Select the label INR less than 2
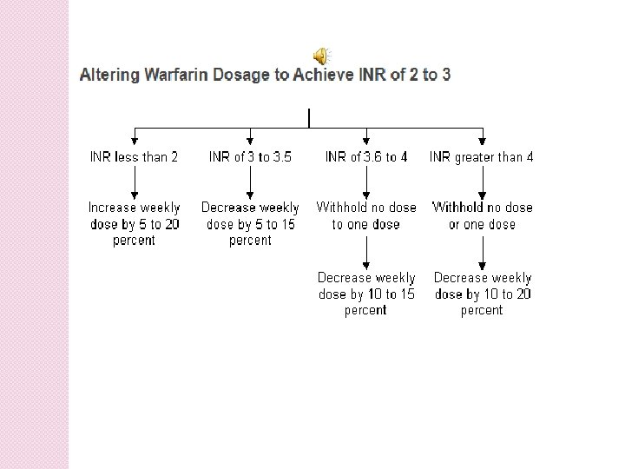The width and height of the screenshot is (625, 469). [x=135, y=157]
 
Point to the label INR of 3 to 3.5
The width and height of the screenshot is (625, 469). [x=250, y=157]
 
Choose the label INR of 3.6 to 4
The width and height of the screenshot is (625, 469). [x=365, y=157]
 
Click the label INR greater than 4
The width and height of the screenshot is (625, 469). [x=482, y=157]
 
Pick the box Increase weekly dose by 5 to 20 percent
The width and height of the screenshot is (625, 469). [x=135, y=223]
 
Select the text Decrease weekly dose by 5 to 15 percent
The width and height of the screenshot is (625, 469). [x=250, y=223]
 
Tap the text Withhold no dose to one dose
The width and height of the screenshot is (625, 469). [x=365, y=215]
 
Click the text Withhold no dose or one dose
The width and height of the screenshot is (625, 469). [x=482, y=215]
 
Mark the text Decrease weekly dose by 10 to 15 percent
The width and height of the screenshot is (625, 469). [x=365, y=294]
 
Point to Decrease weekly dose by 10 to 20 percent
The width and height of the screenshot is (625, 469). [x=482, y=294]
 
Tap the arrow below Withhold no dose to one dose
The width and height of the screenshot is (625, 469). [x=366, y=251]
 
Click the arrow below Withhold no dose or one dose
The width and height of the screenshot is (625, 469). [x=482, y=251]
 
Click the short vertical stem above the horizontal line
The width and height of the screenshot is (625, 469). [x=309, y=117]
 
